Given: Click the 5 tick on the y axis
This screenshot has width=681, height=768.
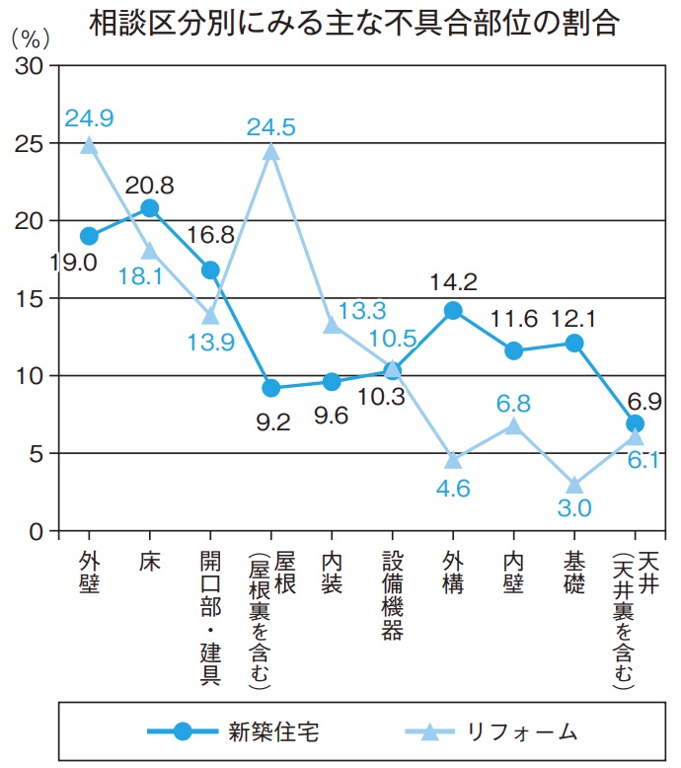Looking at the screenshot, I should (x=36, y=454).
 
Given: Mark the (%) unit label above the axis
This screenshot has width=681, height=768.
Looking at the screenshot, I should (x=29, y=41).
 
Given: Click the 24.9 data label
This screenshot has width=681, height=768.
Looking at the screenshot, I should (x=89, y=118).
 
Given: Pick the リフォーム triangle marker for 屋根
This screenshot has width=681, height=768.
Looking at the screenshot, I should (x=271, y=152).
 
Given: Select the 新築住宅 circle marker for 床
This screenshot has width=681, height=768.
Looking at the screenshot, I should (x=149, y=208).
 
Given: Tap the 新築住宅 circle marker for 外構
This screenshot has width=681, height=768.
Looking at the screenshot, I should (x=453, y=311).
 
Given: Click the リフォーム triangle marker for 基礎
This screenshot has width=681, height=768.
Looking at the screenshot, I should (x=574, y=485).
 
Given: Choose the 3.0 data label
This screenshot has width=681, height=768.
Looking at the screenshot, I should (x=574, y=509).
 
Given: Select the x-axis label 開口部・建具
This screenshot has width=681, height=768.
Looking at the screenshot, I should (x=210, y=616).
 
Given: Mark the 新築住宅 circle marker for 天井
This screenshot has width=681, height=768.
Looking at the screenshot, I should (x=635, y=423).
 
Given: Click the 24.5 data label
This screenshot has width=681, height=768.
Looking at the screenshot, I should (x=271, y=126).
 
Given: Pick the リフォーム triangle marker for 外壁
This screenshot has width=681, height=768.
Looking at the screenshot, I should (x=89, y=145).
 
